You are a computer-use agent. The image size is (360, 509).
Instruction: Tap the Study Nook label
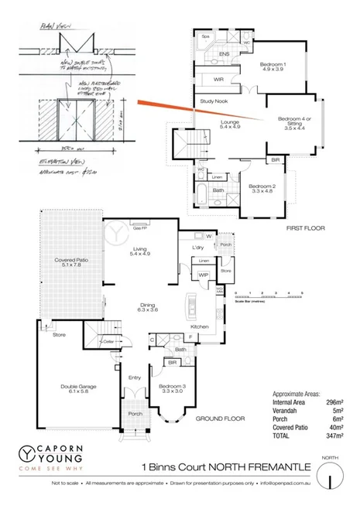[212, 101]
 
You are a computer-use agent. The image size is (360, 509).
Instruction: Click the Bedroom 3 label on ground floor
[170, 388]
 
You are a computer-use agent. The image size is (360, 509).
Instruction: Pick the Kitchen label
[201, 328]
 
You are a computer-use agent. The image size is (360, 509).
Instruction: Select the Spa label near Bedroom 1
[206, 36]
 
